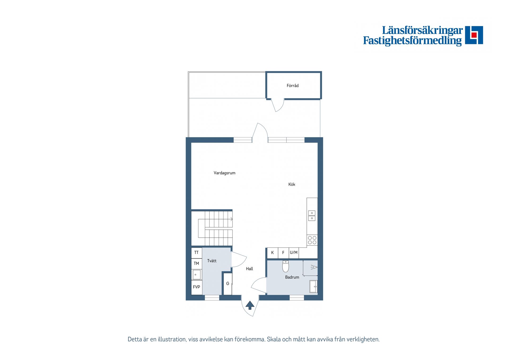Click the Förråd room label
tap(292, 85)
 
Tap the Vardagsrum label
tap(225, 173)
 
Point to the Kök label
tap(292, 184)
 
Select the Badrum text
tap(292, 277)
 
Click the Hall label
tap(249, 269)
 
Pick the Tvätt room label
tap(212, 261)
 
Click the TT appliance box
tap(196, 253)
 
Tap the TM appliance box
tap(196, 264)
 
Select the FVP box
tap(197, 287)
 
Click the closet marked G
tap(228, 284)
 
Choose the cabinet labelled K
tap(273, 253)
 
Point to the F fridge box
tap(283, 253)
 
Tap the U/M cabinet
tap(294, 253)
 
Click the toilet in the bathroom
tap(286, 266)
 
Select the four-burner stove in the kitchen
tap(312, 240)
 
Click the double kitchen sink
tap(312, 216)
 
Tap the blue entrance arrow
tap(250, 305)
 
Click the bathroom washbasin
tap(313, 287)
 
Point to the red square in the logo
tap(474, 35)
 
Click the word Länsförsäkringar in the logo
tap(422, 31)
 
